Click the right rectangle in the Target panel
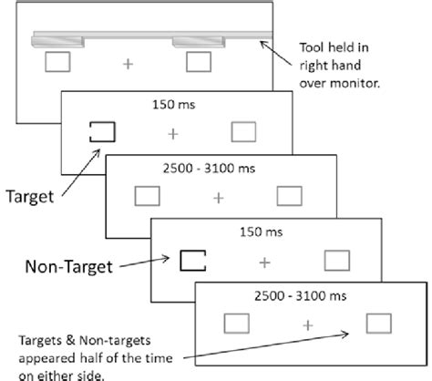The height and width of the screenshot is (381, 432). [243, 133]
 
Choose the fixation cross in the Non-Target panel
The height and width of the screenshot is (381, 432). [264, 262]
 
